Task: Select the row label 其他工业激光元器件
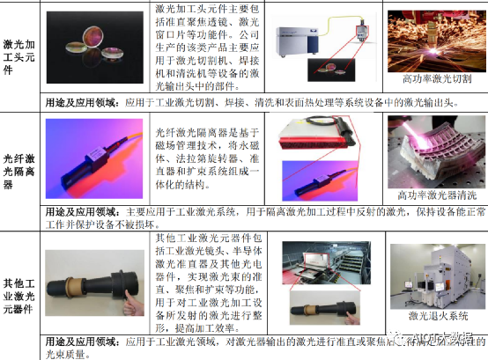pos(20,279)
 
